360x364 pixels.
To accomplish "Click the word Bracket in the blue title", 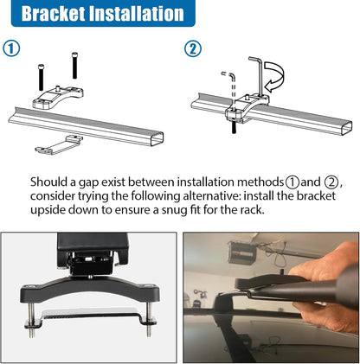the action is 53,13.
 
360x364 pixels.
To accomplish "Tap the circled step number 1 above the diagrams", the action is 11,48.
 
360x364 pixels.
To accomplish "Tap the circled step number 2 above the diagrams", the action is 193,48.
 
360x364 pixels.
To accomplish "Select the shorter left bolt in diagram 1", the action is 41,77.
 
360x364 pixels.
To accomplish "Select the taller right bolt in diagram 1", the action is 74,65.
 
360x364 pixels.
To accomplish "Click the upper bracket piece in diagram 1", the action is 58,97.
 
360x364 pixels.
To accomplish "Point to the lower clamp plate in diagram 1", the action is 59,144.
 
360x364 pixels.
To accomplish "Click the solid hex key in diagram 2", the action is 259,75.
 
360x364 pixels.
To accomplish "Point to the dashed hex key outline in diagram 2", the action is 231,86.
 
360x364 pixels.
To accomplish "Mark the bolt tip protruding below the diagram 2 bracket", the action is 234,128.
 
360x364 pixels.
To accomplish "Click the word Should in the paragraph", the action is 48,182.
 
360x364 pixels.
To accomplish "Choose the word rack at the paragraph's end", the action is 252,209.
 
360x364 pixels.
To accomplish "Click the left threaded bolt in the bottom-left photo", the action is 31,319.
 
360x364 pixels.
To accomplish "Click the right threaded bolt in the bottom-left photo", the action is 149,319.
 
